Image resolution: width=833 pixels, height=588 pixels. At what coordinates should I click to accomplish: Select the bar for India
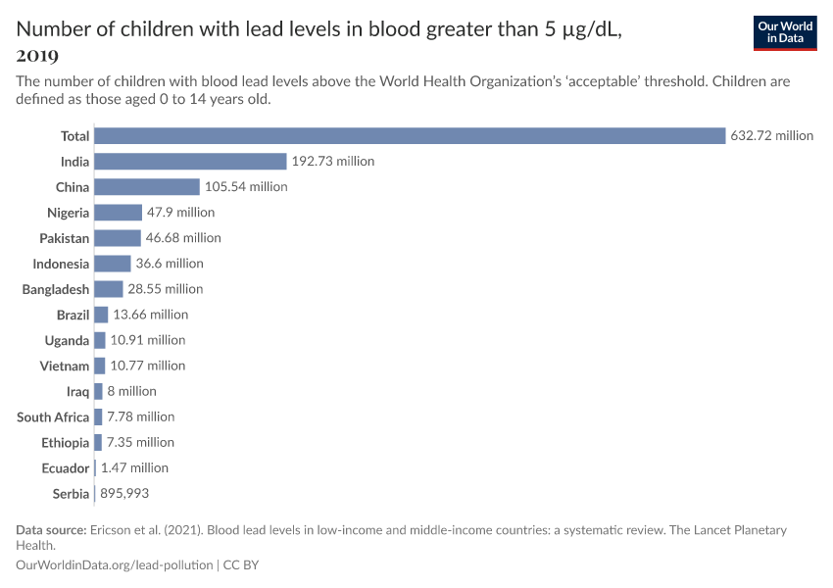pos(190,162)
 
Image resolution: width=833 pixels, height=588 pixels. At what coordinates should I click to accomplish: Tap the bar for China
pos(147,187)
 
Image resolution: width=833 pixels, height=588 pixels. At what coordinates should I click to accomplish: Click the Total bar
pos(410,136)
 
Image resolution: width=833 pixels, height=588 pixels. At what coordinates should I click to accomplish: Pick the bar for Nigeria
pos(119,213)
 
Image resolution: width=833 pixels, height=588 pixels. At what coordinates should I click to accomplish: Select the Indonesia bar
pos(113,264)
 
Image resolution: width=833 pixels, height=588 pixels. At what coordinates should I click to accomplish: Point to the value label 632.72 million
pos(771,136)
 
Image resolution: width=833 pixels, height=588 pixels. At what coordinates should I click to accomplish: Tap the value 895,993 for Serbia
pos(124,493)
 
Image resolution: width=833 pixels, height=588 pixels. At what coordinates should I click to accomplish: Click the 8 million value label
pos(131,391)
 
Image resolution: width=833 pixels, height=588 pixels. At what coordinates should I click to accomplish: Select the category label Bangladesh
pos(56,289)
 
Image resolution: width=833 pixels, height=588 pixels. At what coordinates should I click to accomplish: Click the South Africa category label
pos(53,416)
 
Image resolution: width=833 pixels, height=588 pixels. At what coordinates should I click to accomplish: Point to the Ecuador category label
pos(65,467)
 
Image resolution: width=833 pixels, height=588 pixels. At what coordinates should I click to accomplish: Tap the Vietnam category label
pos(64,366)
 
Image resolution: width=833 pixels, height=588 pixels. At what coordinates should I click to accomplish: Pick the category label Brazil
pos(73,315)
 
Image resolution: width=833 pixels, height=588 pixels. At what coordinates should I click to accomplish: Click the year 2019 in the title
pos(37,55)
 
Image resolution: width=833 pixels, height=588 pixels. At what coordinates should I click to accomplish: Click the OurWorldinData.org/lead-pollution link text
pos(115,565)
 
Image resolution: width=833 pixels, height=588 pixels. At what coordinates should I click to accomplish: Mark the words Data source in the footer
pos(49,530)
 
